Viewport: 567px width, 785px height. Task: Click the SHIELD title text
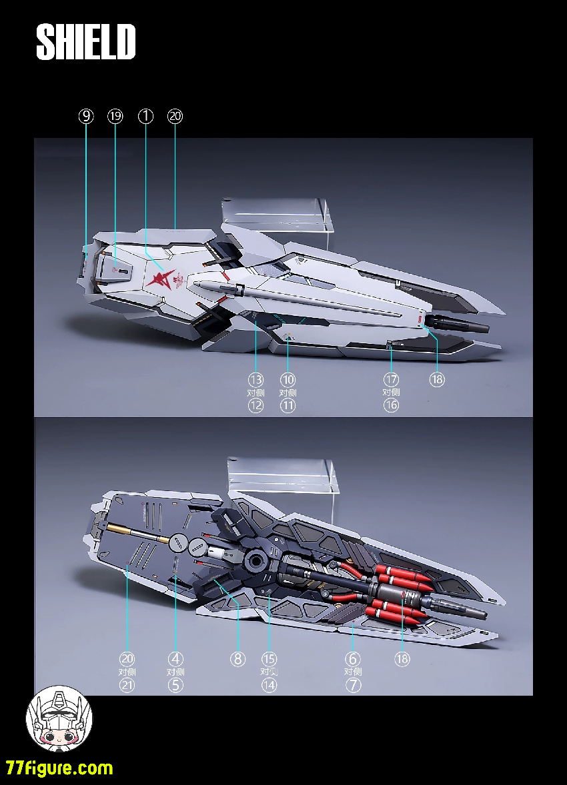86,42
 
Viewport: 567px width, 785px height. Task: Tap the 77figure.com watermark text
59,768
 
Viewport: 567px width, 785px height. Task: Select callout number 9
86,116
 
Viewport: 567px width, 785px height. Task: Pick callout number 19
115,116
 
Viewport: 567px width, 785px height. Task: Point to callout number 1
145,116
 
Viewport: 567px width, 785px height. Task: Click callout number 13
255,379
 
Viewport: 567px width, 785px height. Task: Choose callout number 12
255,405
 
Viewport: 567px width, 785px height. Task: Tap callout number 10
288,379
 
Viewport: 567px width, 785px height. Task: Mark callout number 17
391,379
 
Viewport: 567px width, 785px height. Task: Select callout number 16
391,405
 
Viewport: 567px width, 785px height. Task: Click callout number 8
238,659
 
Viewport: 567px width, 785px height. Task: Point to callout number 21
127,684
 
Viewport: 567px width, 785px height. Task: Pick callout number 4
175,659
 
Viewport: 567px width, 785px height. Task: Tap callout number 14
269,684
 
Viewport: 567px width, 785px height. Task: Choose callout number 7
353,684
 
